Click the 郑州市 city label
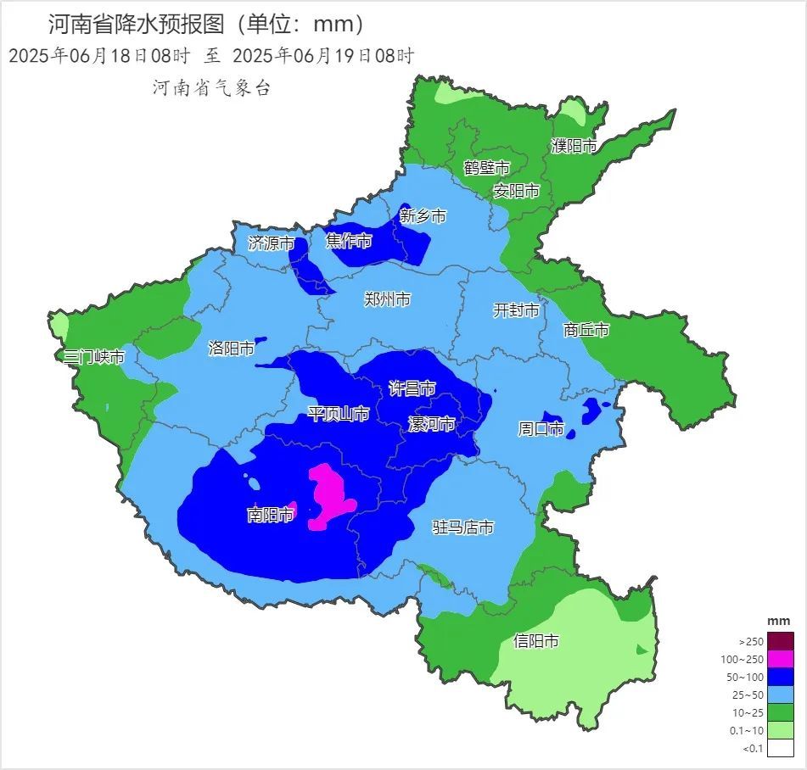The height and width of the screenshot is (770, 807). pyautogui.click(x=387, y=299)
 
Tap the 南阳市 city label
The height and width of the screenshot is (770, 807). pyautogui.click(x=270, y=515)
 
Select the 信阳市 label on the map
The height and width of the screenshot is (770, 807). pyautogui.click(x=536, y=641)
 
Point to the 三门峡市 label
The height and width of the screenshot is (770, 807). pyautogui.click(x=94, y=357)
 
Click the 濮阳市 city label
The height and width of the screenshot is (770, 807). pyautogui.click(x=574, y=146)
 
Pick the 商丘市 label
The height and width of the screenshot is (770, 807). pyautogui.click(x=586, y=330)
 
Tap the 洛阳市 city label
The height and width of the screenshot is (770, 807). pyautogui.click(x=231, y=348)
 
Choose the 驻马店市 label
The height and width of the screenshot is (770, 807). pyautogui.click(x=462, y=527)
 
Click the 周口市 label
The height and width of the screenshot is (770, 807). pyautogui.click(x=541, y=429)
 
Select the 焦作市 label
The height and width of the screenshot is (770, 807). pyautogui.click(x=349, y=241)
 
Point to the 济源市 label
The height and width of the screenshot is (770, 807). pyautogui.click(x=271, y=243)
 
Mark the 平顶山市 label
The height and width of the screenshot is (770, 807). pyautogui.click(x=338, y=414)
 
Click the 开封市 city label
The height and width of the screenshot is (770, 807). pyautogui.click(x=516, y=310)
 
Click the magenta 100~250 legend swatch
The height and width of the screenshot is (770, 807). pyautogui.click(x=782, y=659)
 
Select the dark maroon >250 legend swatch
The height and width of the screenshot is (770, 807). pyautogui.click(x=782, y=641)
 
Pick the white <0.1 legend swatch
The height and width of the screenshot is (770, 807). pyautogui.click(x=782, y=748)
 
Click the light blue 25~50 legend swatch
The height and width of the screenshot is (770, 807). pyautogui.click(x=782, y=695)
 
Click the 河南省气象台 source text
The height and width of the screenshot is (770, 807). pyautogui.click(x=211, y=87)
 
